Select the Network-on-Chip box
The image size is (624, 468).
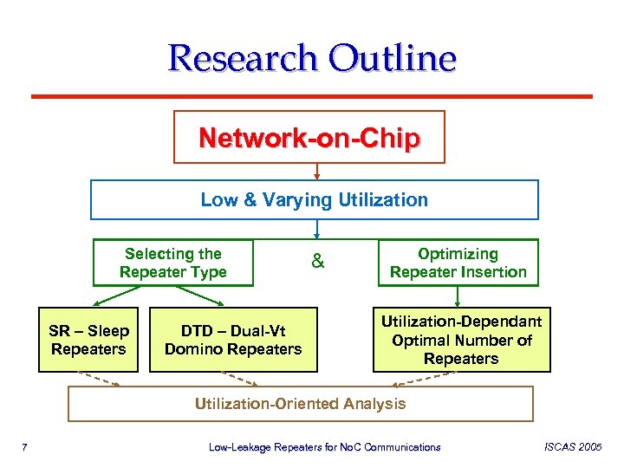(x=309, y=137)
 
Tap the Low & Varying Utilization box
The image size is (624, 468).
(x=314, y=199)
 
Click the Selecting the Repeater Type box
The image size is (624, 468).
(x=173, y=263)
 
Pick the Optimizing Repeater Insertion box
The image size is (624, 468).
(x=458, y=263)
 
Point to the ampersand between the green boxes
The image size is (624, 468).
(x=317, y=261)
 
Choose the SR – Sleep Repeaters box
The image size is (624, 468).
(x=88, y=340)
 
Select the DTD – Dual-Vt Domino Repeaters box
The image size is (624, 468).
(x=233, y=340)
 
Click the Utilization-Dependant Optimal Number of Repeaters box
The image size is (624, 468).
(x=461, y=340)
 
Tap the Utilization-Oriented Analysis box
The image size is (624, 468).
(x=300, y=403)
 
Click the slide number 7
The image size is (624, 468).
(x=26, y=447)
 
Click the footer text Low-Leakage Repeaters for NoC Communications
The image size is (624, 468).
(x=325, y=447)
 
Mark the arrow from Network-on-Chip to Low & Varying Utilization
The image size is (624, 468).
(x=317, y=171)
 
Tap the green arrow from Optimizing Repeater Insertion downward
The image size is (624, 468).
(x=459, y=296)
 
